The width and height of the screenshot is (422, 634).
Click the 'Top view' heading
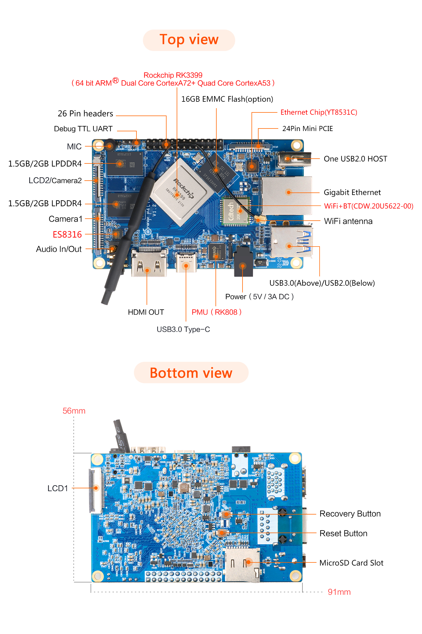pos(189,40)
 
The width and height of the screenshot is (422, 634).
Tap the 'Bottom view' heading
pos(191,373)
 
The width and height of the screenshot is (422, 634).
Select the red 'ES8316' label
pos(67,234)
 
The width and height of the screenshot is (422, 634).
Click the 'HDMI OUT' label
pos(146,312)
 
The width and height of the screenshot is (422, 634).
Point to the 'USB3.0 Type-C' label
pos(183,329)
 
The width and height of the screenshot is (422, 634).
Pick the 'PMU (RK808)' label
pos(216,312)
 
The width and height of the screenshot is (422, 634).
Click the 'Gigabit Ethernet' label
pos(352,192)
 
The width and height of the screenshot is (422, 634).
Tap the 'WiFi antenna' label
pos(348,221)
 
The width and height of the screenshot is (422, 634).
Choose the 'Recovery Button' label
pos(350,514)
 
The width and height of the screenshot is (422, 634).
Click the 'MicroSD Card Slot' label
pos(351,563)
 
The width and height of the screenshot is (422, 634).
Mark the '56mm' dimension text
pos(74,411)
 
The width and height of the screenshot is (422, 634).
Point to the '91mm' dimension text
pos(339,592)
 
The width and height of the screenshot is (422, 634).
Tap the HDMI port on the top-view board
pos(149,263)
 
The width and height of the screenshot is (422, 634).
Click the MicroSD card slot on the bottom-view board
pos(242,565)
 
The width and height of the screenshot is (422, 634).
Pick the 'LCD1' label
pos(58,488)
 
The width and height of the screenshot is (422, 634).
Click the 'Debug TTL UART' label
pos(83,129)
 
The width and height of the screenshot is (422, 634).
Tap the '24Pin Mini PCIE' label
pos(307,129)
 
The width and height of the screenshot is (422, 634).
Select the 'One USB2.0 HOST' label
pos(355,159)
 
